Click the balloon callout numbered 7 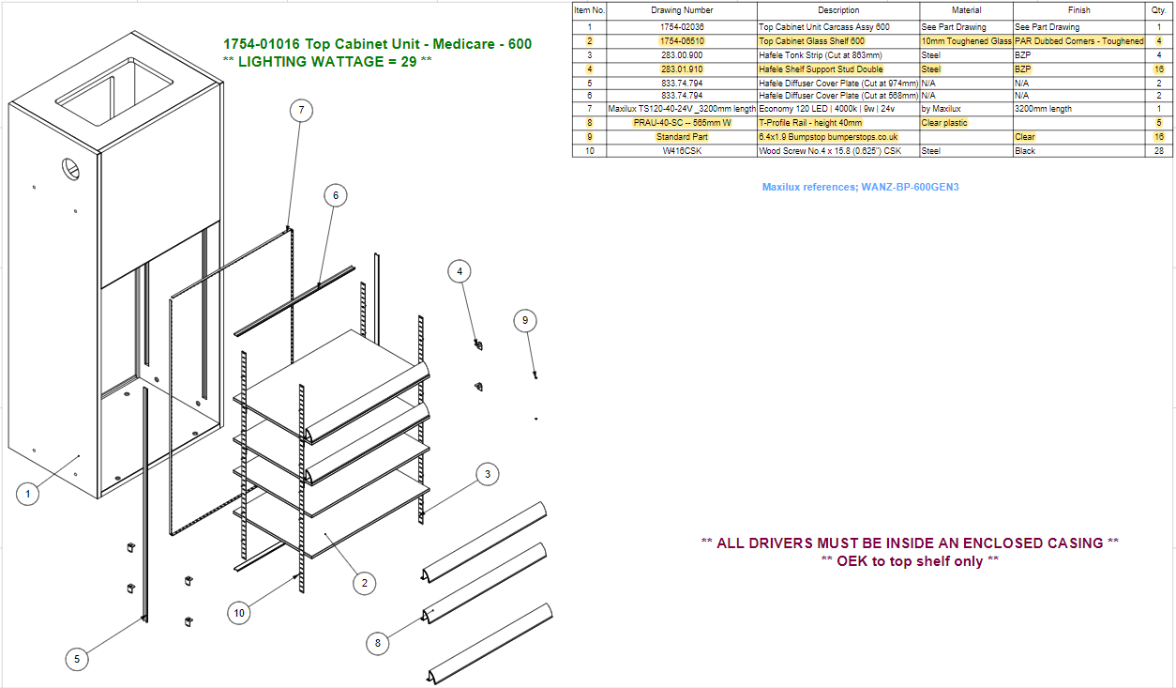pos(301,111)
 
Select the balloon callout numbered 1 pos(28,494)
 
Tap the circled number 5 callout pos(77,660)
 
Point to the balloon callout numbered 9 pos(525,321)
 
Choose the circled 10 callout pos(239,613)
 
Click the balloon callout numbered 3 pos(488,475)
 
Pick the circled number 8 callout pos(378,643)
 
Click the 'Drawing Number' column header pos(682,10)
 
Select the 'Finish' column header pos(1078,10)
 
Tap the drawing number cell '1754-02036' pos(682,27)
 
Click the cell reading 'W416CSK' pos(682,151)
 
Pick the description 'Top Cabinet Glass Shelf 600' pos(811,41)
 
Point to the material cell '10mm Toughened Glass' pos(966,41)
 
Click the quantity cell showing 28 pos(1159,151)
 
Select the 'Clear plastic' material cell pos(944,123)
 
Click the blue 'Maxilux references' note pos(861,187)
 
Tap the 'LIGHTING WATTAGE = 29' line pos(327,62)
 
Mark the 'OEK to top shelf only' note pos(910,561)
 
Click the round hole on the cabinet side pos(70,169)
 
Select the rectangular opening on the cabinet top pos(114,91)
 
